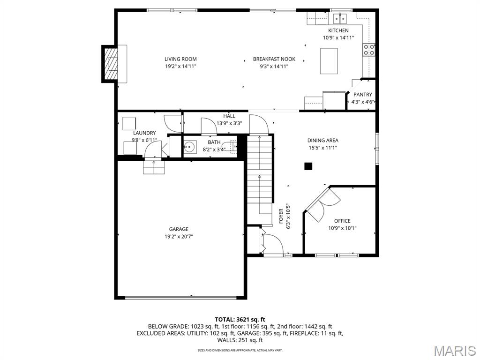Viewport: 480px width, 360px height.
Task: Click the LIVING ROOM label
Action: (x=180, y=59)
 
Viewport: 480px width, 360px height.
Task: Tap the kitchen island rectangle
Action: (x=329, y=61)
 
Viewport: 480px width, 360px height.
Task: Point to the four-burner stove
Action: (x=369, y=50)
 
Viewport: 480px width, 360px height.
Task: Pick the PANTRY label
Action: (x=363, y=95)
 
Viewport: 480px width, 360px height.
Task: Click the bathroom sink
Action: (x=190, y=147)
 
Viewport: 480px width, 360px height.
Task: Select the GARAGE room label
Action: (x=179, y=229)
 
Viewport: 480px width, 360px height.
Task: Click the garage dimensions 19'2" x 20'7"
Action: (x=179, y=236)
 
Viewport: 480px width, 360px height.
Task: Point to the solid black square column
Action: (x=308, y=166)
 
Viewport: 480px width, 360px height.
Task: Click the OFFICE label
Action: (x=342, y=221)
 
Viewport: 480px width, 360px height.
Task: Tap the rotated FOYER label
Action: (x=281, y=216)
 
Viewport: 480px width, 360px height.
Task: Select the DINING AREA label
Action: (x=323, y=140)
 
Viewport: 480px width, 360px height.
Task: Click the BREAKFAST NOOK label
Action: (x=274, y=59)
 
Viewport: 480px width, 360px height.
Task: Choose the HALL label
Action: (x=229, y=116)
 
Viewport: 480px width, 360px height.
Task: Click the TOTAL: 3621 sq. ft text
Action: (x=240, y=320)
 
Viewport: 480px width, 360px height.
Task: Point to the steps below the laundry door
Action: (x=154, y=167)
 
